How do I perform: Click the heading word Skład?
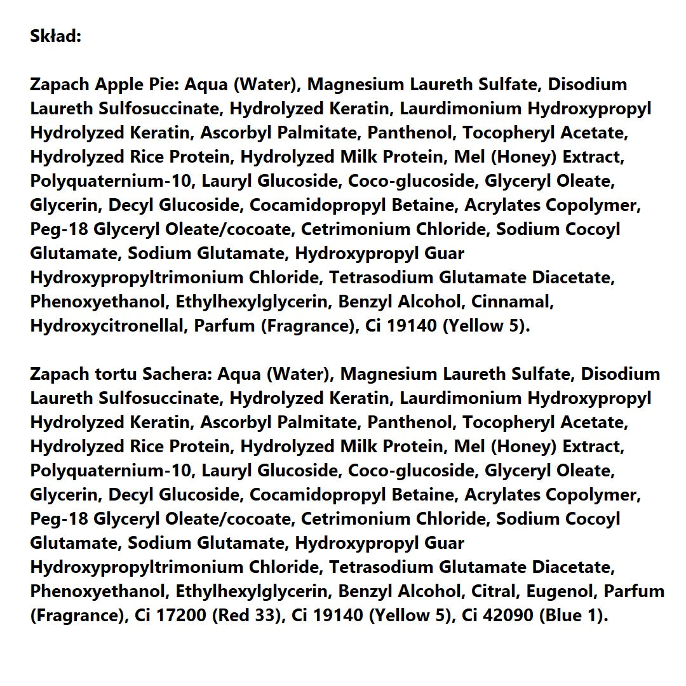[56, 36]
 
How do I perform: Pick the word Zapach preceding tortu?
[60, 374]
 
